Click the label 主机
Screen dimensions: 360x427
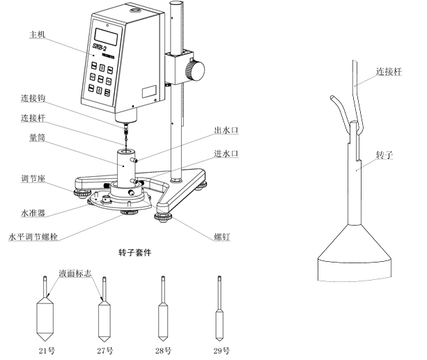point(38,33)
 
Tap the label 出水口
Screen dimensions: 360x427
point(226,129)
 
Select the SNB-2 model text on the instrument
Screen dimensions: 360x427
point(102,47)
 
